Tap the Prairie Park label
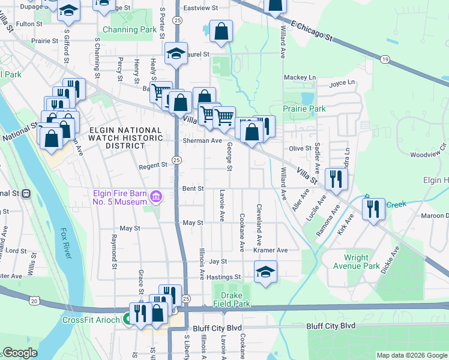[304, 109]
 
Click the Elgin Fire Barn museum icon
[156, 196]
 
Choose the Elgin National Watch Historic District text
[125, 139]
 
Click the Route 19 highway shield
[385, 59]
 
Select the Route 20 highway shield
[35, 300]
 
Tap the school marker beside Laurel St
[176, 53]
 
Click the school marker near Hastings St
[265, 271]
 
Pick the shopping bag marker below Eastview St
[221, 32]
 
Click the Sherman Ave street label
[202, 141]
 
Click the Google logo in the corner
[20, 353]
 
